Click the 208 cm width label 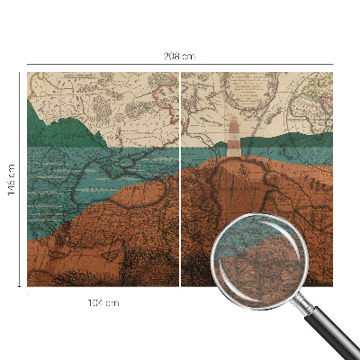[179, 56]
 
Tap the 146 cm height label [11, 180]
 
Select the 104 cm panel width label [103, 302]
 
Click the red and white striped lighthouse [234, 140]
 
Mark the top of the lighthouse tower [234, 120]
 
